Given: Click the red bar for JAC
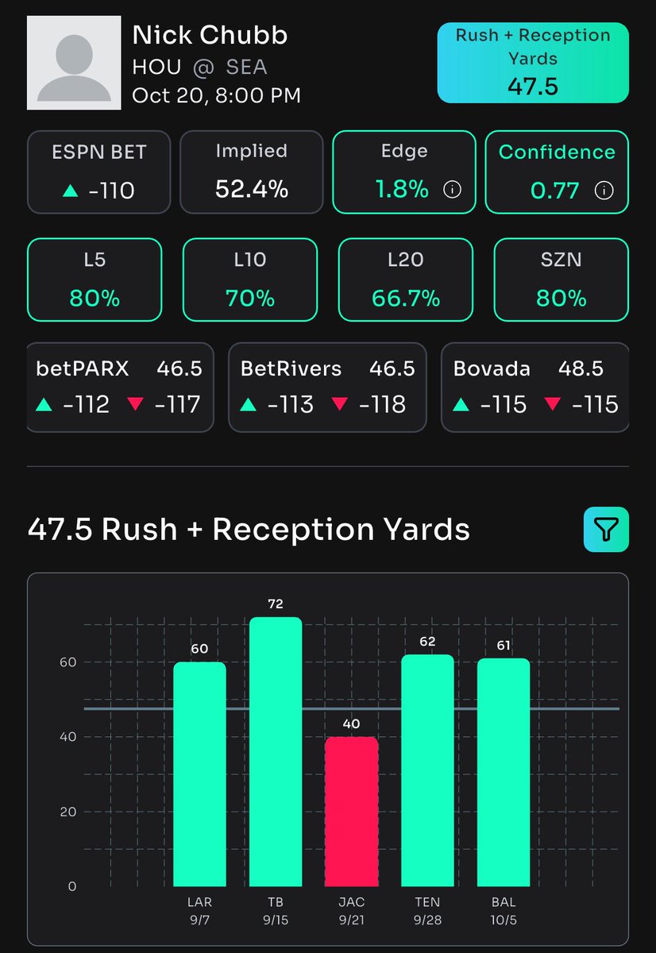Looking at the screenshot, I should click(351, 811).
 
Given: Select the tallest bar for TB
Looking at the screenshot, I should click(276, 751).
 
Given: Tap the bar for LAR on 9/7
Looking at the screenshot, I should click(199, 774).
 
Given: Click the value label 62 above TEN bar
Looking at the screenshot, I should click(427, 642).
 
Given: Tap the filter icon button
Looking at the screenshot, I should click(606, 529).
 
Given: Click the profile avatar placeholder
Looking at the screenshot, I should click(75, 63).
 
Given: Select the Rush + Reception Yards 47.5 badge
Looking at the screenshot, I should click(533, 62).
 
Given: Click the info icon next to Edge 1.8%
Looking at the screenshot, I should click(452, 190).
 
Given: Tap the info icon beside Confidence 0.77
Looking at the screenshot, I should click(604, 190).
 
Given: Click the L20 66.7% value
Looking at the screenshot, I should click(406, 299).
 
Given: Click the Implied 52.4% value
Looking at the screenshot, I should click(251, 189).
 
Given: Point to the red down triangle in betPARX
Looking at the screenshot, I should click(136, 404).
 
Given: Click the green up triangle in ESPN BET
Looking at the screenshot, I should click(70, 191).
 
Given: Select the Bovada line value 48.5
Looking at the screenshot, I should click(581, 368).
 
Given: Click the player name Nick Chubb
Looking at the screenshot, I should click(210, 35).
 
